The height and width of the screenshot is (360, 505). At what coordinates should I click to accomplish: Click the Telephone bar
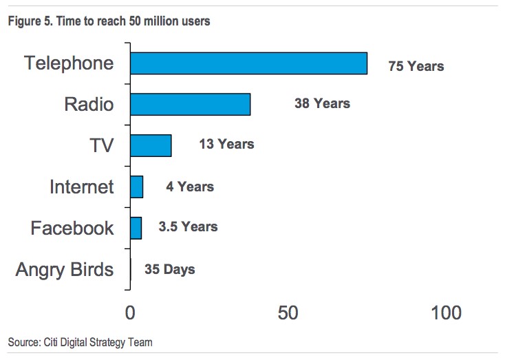pos(248,63)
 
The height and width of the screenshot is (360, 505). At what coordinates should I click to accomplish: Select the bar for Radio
pos(190,104)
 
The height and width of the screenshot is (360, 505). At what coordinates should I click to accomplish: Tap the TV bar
pos(151,145)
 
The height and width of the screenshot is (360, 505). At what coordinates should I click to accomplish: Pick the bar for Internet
pos(136,187)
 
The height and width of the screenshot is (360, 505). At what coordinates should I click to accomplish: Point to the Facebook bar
pos(136,228)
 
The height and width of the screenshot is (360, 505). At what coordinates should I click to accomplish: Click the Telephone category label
pos(69,63)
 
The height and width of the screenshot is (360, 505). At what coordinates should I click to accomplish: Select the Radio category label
pos(89,105)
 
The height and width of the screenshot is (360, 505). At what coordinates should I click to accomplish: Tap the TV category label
pos(101,146)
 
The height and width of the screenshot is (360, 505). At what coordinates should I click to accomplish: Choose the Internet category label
pos(81,187)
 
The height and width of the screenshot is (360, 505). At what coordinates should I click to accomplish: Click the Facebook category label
pos(72,228)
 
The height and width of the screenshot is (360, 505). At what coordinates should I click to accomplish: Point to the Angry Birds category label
pos(65,269)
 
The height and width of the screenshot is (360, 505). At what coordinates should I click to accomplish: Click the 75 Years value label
pos(416,66)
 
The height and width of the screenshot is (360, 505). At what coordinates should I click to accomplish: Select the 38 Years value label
pos(322,103)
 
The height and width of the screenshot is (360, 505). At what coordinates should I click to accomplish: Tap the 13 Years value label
pos(226,144)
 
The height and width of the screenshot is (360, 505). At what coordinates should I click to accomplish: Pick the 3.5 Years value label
pos(188,226)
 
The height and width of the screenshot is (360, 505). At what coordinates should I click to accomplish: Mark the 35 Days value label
pos(169,269)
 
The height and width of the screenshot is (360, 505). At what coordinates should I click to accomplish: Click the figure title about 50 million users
pos(109,21)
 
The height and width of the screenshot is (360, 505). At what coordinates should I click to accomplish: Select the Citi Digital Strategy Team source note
pos(80,342)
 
